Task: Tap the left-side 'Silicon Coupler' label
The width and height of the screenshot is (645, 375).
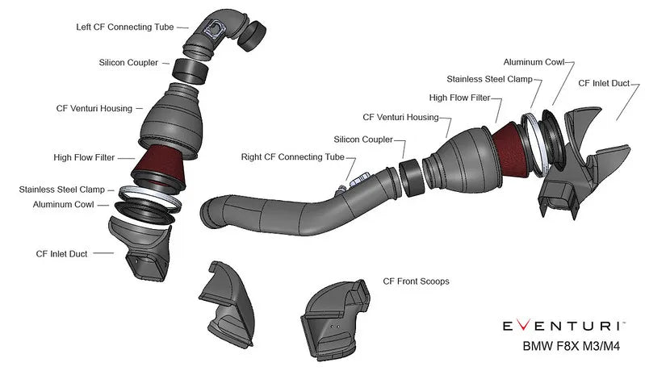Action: (128, 61)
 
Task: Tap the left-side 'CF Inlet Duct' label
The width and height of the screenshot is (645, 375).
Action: (61, 253)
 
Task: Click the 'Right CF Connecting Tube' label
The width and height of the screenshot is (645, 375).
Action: (292, 156)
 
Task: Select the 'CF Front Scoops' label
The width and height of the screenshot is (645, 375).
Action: (416, 281)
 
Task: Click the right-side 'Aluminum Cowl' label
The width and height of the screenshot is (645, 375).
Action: (533, 61)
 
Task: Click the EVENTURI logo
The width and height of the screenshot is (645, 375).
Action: (562, 326)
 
